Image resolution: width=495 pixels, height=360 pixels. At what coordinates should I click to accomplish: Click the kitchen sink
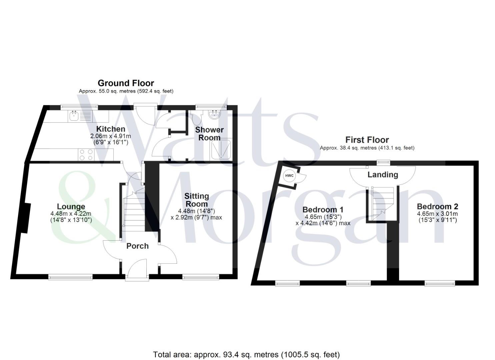pyautogui.click(x=74, y=116)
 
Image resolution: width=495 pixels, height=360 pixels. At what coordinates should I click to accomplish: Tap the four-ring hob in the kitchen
pyautogui.click(x=86, y=155)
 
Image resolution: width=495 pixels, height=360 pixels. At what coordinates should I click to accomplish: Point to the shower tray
pyautogui.click(x=220, y=149)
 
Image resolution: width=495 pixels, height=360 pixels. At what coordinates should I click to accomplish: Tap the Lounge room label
pyautogui.click(x=71, y=207)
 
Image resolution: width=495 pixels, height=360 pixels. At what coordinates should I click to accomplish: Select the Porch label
pyautogui.click(x=137, y=246)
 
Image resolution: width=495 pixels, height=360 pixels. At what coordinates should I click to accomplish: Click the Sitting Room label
pyautogui.click(x=197, y=200)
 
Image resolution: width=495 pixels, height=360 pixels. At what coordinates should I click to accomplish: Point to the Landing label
pyautogui.click(x=383, y=174)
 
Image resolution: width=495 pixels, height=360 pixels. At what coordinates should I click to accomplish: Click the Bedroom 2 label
pyautogui.click(x=437, y=206)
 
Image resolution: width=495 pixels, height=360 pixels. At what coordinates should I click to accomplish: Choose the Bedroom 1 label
pyautogui.click(x=323, y=210)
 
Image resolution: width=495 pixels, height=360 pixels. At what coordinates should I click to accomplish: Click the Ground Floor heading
pyautogui.click(x=126, y=83)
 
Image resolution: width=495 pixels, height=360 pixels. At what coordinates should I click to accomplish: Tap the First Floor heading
pyautogui.click(x=367, y=140)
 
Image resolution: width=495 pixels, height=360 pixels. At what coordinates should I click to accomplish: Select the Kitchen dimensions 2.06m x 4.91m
pyautogui.click(x=111, y=136)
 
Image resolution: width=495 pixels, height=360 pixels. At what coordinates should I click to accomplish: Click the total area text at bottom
pyautogui.click(x=246, y=354)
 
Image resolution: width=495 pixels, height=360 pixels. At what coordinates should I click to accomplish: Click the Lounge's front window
pyautogui.click(x=70, y=276)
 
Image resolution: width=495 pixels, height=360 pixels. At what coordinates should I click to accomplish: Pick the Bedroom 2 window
pyautogui.click(x=440, y=283)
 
